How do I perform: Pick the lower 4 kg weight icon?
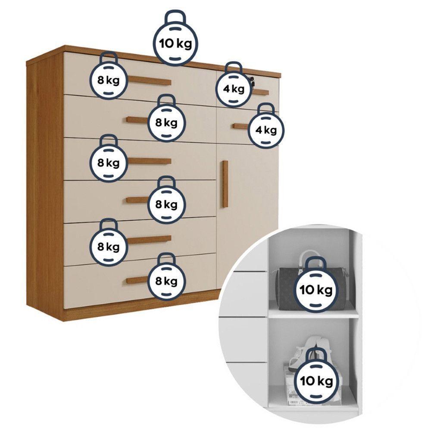pyautogui.click(x=266, y=129)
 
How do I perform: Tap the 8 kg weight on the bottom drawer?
pyautogui.click(x=166, y=281)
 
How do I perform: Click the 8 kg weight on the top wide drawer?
pyautogui.click(x=109, y=80)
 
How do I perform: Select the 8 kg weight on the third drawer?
pyautogui.click(x=109, y=162)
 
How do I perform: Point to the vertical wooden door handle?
pyautogui.click(x=225, y=184)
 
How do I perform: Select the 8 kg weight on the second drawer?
pyautogui.click(x=166, y=122)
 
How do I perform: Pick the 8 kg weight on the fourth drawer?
pyautogui.click(x=166, y=204)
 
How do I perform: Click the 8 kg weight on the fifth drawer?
pyautogui.click(x=109, y=247)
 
